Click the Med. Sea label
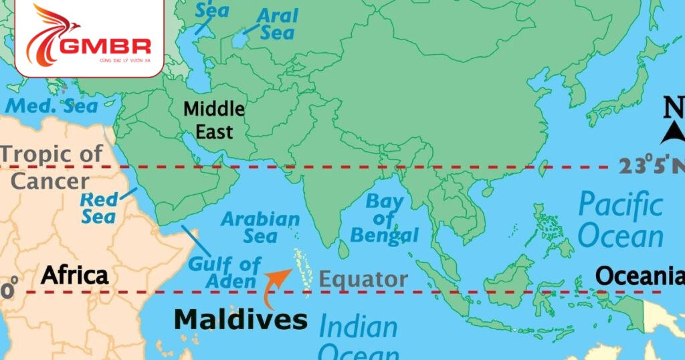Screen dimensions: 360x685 point(52,105)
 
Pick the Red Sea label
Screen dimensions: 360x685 point(98,207)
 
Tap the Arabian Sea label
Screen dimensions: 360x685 point(260,227)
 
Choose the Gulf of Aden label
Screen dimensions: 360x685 point(223,272)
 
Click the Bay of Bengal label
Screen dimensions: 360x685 point(384,218)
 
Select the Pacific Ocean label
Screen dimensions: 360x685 point(621,219)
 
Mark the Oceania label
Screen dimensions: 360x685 point(639,276)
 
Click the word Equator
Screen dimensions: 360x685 point(363,279)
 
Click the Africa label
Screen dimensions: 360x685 point(74,274)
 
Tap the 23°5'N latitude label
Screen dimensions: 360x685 point(650,165)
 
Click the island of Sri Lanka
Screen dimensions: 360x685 point(343,250)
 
